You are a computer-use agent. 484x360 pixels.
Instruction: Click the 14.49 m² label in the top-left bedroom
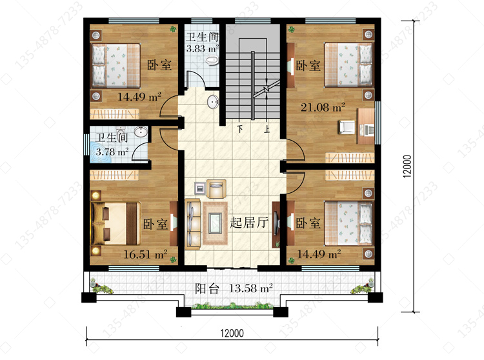139,97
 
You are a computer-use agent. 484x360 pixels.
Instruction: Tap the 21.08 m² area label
323,107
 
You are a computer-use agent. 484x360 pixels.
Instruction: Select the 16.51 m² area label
145,254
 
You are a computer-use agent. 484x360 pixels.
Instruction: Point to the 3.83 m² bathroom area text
203,48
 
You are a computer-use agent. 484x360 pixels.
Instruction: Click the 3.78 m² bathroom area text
112,152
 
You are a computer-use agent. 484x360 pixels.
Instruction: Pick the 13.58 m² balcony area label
250,288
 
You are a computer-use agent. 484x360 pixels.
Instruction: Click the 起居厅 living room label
249,222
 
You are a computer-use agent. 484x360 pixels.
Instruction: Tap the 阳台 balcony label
207,289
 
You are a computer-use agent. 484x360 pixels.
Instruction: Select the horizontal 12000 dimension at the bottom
232,333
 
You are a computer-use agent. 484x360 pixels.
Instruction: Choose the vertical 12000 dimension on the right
407,166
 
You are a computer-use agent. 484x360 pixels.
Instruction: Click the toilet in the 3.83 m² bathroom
212,61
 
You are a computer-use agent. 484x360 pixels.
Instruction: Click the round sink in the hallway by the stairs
213,102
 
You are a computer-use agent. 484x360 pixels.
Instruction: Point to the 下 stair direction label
240,128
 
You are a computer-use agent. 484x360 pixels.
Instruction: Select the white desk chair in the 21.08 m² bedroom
347,127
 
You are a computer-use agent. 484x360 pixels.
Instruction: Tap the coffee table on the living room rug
215,223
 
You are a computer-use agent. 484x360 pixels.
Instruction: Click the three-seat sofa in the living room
193,225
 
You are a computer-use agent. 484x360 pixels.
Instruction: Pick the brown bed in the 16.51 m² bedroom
116,223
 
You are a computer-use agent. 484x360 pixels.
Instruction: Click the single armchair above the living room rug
216,188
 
